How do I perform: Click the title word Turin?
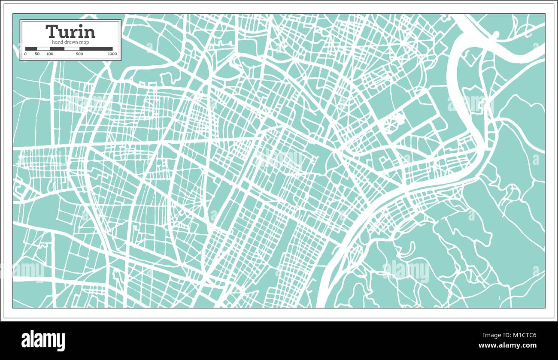click(70, 32)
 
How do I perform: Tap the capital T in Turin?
click(51, 32)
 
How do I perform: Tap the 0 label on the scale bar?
click(25, 54)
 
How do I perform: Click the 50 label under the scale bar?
click(37, 54)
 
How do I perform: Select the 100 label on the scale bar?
click(50, 54)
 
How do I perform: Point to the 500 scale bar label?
click(79, 54)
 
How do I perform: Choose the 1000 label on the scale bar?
click(112, 54)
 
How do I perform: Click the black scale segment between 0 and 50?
click(31, 48)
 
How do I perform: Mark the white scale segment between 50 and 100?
click(43, 48)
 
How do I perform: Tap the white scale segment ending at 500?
click(72, 48)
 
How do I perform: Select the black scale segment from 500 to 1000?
click(96, 48)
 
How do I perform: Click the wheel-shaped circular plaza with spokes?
click(391, 124)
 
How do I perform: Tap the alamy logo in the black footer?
click(43, 340)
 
